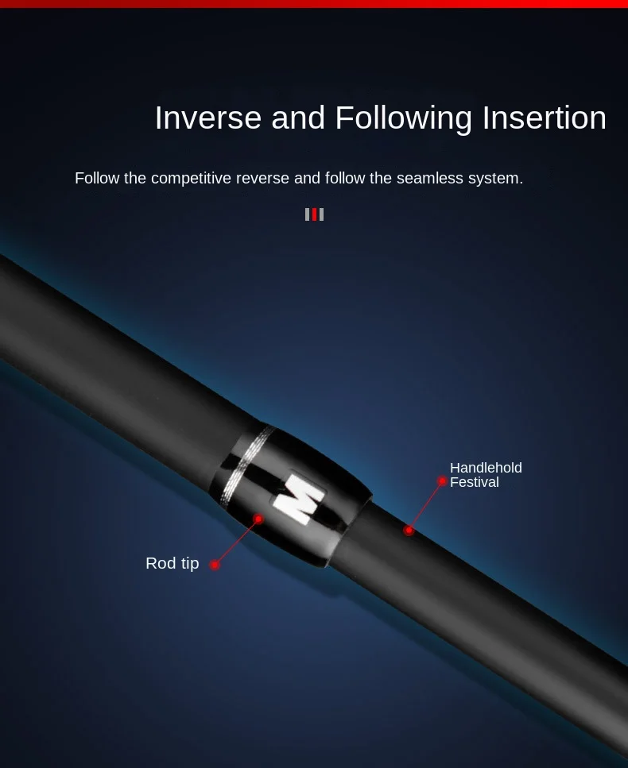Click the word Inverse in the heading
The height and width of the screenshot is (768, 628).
[x=207, y=118]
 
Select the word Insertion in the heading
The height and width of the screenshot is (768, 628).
[x=545, y=118]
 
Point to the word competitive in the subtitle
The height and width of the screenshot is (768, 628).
[x=191, y=178]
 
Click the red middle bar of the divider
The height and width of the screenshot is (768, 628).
[x=314, y=214]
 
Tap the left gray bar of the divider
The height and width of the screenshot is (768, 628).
[x=308, y=214]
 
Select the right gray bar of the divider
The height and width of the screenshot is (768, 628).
[x=321, y=214]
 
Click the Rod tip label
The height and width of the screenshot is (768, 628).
[x=172, y=563]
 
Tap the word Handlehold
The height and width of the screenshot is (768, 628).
[x=486, y=468]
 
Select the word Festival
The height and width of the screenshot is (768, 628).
[x=474, y=482]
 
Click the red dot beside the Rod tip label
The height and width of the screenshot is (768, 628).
[x=215, y=565]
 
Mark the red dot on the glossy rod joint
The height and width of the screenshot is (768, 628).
[x=258, y=519]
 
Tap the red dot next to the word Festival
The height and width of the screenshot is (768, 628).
[x=442, y=481]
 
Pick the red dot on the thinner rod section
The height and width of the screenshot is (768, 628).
[x=409, y=530]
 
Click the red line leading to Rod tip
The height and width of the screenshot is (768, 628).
[x=236, y=542]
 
